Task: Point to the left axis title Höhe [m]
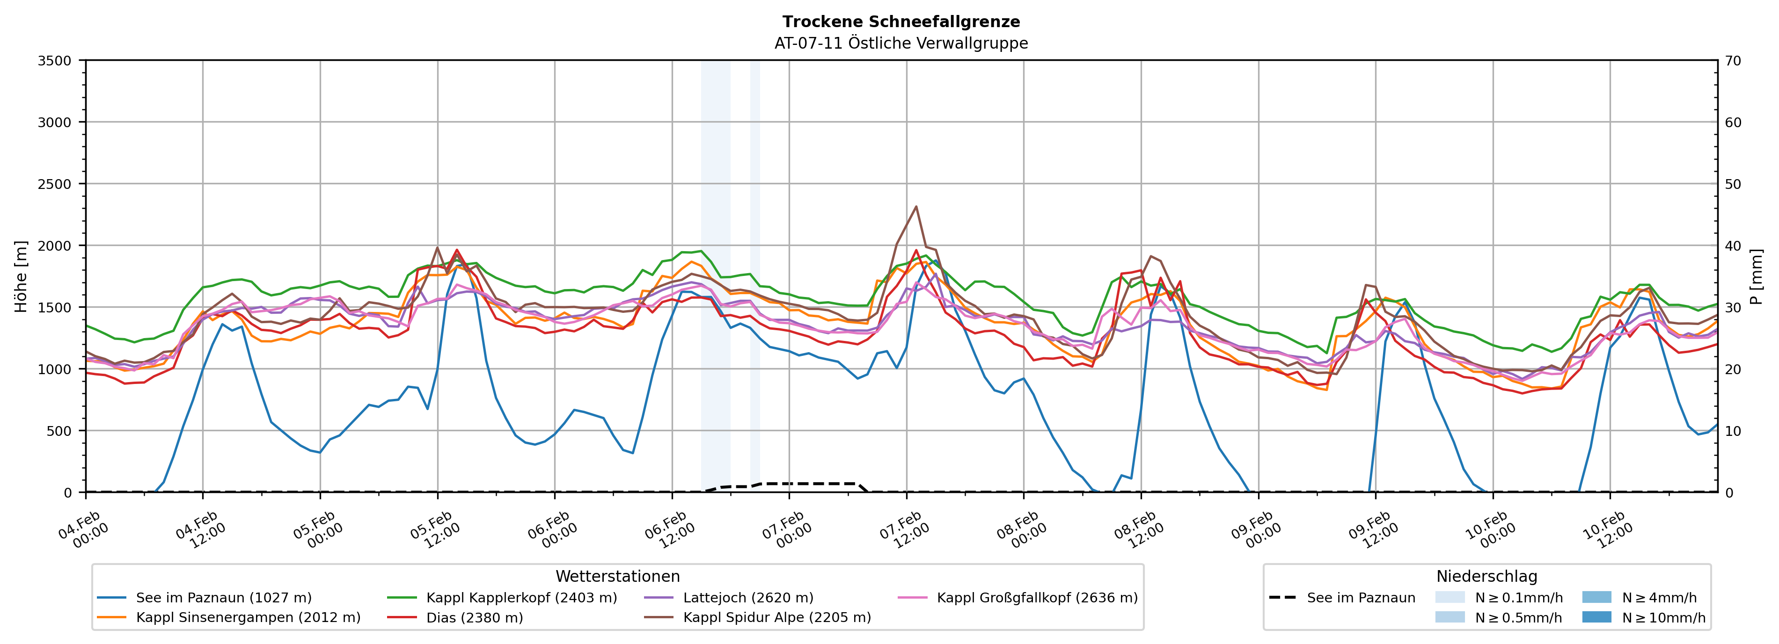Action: click(22, 276)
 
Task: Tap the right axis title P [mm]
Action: click(1756, 276)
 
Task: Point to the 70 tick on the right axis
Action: click(1734, 61)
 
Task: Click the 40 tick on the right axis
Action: click(1734, 246)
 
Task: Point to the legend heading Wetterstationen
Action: click(617, 576)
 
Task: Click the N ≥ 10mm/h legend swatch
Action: click(1596, 617)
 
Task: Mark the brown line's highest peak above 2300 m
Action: click(916, 206)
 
